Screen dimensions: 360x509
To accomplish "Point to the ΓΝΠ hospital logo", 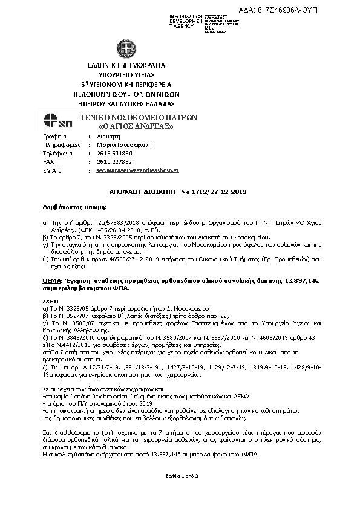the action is [58, 121].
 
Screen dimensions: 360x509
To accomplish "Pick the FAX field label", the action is [49, 162].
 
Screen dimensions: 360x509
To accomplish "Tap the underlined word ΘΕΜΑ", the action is [53, 282].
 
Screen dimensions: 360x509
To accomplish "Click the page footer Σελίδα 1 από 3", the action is [179, 493].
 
